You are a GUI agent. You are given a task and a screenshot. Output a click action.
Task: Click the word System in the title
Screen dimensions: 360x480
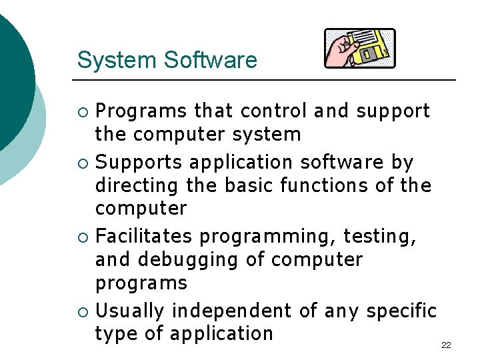[117, 60]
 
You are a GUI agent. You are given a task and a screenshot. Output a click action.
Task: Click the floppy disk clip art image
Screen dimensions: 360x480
[359, 49]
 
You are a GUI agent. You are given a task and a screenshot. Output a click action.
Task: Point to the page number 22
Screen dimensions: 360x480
[446, 345]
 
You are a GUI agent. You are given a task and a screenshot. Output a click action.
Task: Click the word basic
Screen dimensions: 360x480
[249, 185]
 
